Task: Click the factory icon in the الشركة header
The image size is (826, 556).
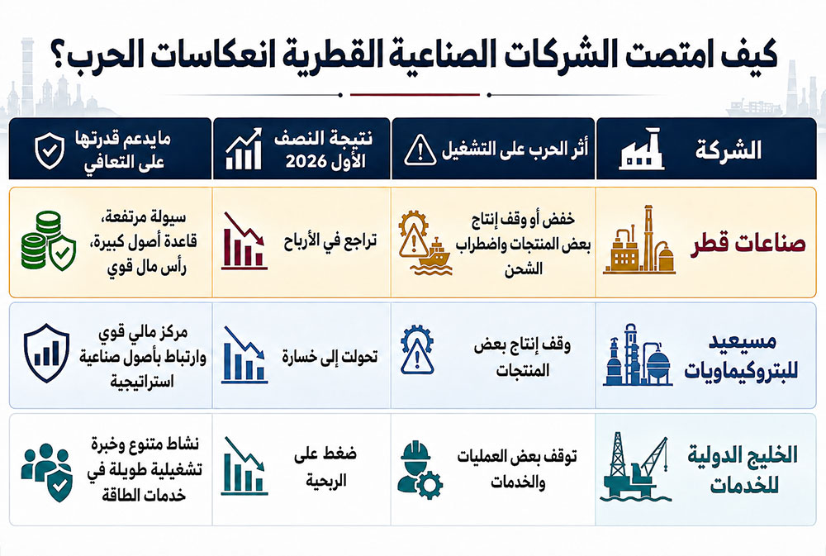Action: pos(641,149)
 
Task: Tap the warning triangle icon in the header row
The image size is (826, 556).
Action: pos(420,150)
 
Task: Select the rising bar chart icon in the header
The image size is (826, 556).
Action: pos(244,149)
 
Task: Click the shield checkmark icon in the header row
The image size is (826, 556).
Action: pos(50,150)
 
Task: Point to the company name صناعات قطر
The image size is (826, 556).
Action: pos(748,243)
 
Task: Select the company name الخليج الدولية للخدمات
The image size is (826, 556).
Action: pos(743,469)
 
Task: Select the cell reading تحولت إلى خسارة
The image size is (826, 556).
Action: pos(330,357)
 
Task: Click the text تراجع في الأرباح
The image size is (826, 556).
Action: pos(330,242)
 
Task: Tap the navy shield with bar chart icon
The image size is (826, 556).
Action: pos(46,353)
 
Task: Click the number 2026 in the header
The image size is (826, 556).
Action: pos(307,162)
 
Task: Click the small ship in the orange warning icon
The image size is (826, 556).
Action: pos(434,253)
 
